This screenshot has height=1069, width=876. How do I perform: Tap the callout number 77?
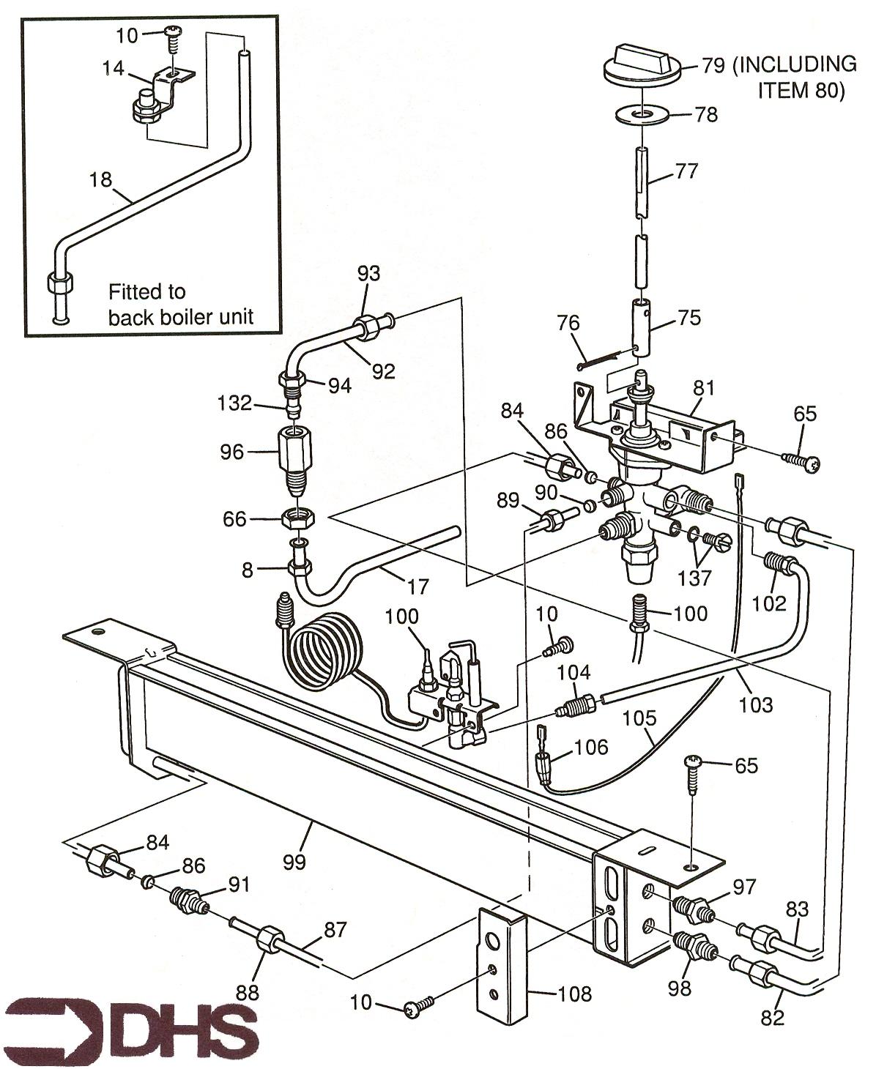click(x=687, y=171)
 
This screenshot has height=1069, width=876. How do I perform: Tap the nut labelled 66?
click(x=299, y=518)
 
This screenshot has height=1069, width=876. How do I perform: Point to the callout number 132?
click(x=235, y=403)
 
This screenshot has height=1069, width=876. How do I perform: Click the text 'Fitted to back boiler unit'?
click(x=180, y=305)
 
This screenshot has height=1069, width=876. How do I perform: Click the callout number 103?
click(x=757, y=704)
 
